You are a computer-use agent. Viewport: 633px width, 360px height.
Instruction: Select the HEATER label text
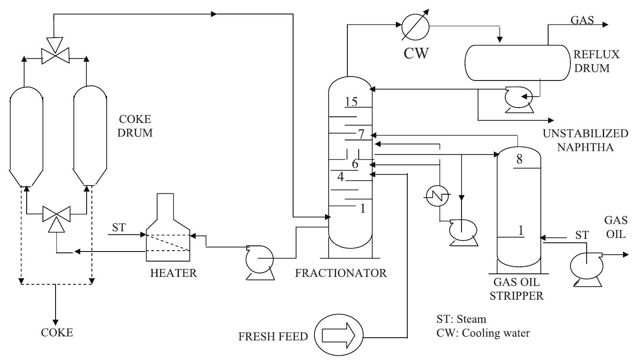click(x=174, y=273)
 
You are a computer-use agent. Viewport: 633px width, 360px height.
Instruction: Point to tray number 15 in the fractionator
click(x=351, y=101)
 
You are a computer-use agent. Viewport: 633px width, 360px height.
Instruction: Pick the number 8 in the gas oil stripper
click(x=519, y=159)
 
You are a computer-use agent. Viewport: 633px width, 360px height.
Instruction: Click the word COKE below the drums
click(x=57, y=332)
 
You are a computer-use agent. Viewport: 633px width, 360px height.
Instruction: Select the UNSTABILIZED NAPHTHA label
click(x=582, y=140)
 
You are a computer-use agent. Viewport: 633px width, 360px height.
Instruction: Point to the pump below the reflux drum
click(x=518, y=99)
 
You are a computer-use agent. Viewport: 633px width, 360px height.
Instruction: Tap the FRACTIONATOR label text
click(x=341, y=273)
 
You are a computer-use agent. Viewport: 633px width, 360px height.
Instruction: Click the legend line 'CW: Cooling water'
click(x=483, y=333)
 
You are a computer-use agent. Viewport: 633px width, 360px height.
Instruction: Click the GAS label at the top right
click(x=582, y=20)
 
